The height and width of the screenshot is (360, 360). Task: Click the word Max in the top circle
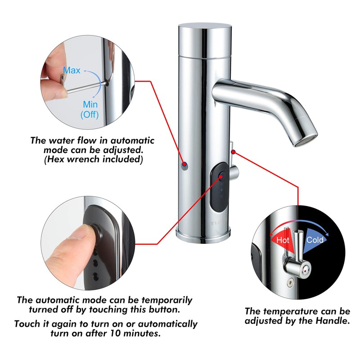tap(72, 71)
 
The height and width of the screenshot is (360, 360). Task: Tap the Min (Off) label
tap(90, 109)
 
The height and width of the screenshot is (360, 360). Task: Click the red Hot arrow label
tap(283, 240)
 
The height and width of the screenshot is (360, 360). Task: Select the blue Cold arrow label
tap(315, 239)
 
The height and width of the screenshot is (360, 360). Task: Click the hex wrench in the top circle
tap(85, 87)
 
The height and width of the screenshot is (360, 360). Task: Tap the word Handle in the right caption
tap(332, 321)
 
